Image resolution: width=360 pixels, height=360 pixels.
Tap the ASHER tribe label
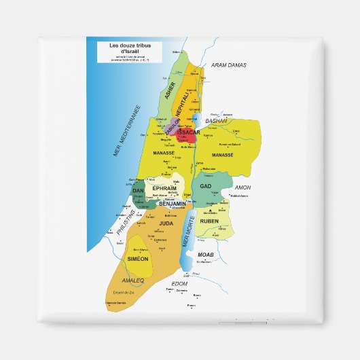tap(170, 90)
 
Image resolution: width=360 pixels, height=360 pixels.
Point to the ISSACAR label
tap(188, 132)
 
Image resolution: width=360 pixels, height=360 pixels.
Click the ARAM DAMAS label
tap(228, 65)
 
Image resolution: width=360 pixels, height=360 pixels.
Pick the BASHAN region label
tap(216, 121)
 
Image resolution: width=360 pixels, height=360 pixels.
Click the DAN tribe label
tap(138, 191)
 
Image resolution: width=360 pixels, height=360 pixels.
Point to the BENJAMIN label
tap(173, 203)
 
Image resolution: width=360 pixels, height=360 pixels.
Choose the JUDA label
tap(166, 222)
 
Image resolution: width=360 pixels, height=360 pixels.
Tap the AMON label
tap(242, 187)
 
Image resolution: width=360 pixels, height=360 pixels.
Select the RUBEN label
tap(209, 221)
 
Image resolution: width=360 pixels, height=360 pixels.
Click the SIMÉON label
tap(138, 259)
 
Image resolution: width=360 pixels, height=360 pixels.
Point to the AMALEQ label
tap(132, 280)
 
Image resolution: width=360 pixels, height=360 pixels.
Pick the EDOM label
tap(179, 283)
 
